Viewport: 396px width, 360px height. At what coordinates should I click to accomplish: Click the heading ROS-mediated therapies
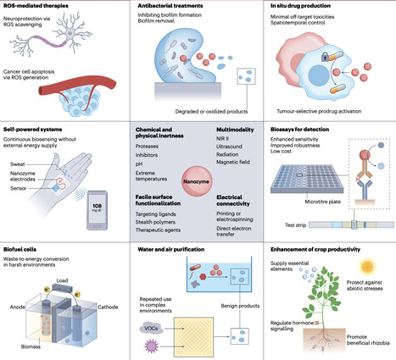click(40, 7)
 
